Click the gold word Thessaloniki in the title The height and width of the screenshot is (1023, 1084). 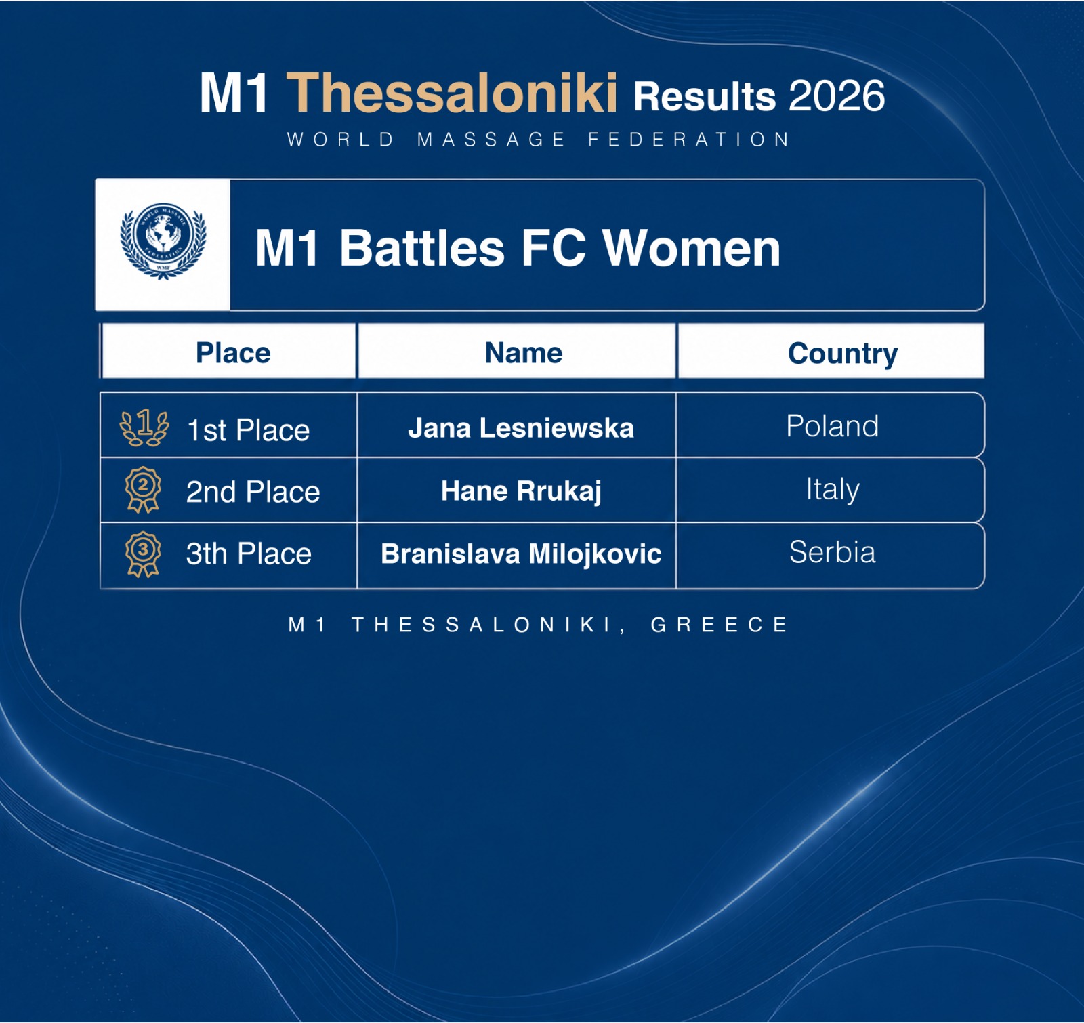coord(452,93)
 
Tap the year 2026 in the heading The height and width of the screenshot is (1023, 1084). coord(837,96)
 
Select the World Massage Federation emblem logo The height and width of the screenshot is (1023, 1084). coord(163,241)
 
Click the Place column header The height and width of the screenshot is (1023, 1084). coord(233,353)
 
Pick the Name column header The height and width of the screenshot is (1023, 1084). coord(524,353)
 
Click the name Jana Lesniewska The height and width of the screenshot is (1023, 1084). coord(521,428)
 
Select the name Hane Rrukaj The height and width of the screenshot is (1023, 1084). coord(521,491)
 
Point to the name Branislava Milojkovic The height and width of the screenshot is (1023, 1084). coord(521,554)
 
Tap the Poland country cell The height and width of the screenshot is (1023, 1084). coord(832,426)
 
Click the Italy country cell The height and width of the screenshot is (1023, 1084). coord(833,489)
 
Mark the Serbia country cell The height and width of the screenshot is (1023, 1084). coord(832,552)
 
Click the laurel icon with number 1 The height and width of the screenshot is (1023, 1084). coord(144,428)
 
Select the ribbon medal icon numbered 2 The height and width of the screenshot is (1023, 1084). coord(143,489)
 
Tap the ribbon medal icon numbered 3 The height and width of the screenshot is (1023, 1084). coord(143,554)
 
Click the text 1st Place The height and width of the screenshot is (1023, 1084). coord(248,430)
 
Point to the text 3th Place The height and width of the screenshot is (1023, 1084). coord(249,554)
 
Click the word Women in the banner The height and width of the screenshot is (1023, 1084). coord(692,248)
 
